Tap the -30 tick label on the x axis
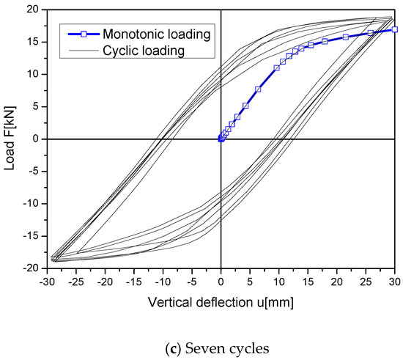[x=46, y=281]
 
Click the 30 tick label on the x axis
[x=395, y=281]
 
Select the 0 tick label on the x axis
[x=221, y=281]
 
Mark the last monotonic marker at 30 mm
[x=395, y=29]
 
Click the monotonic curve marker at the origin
[x=221, y=139]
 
